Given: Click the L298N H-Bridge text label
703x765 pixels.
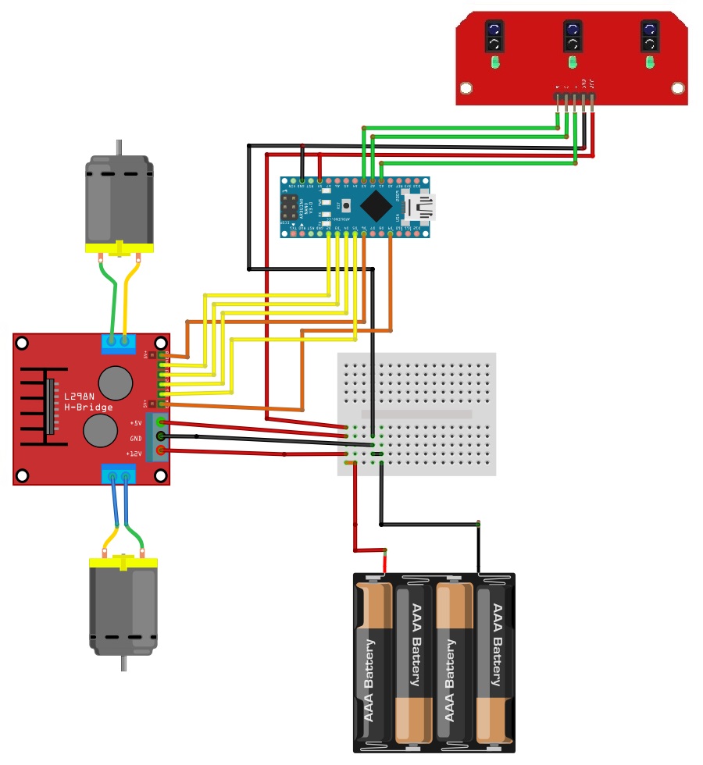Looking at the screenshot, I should pyautogui.click(x=89, y=401).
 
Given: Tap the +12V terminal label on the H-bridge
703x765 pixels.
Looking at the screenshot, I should pyautogui.click(x=134, y=454).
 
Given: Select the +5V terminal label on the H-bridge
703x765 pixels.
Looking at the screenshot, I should pyautogui.click(x=135, y=422).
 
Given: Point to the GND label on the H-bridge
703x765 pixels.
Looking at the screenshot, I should pyautogui.click(x=136, y=438).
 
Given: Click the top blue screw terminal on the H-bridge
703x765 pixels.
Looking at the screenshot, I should pyautogui.click(x=118, y=343).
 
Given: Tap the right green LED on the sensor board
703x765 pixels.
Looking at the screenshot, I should pyautogui.click(x=649, y=62).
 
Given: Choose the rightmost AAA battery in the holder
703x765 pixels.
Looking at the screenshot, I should pyautogui.click(x=495, y=660).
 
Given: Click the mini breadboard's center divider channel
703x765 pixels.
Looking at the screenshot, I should pyautogui.click(x=416, y=415).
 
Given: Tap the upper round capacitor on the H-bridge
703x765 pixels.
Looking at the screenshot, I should pyautogui.click(x=116, y=382).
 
